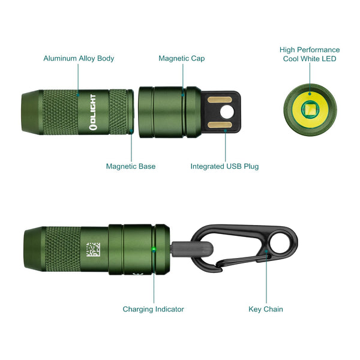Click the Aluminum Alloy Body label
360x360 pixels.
79,59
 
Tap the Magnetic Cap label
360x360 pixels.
181,59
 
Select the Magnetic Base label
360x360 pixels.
131,166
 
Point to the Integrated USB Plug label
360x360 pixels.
224,166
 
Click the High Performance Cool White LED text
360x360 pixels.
310,55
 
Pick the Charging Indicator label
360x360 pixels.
153,310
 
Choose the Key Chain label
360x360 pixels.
266,310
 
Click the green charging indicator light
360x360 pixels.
154,248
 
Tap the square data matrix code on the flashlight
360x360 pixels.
94,249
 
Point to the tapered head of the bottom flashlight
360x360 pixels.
34,248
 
